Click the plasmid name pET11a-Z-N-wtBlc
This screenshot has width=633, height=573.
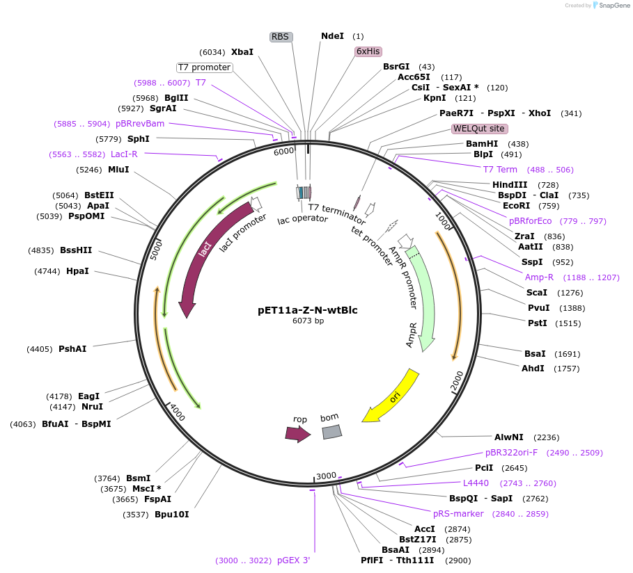308,310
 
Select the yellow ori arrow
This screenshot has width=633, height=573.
391,397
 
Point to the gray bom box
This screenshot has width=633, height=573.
331,431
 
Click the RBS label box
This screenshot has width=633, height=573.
281,37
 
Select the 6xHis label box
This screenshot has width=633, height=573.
368,51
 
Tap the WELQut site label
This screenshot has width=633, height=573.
479,129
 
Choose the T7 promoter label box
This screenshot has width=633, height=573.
204,67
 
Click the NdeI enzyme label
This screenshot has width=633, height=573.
332,36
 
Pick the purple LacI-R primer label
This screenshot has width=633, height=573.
124,154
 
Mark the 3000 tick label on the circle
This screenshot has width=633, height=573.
326,476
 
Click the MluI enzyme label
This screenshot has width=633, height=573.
118,169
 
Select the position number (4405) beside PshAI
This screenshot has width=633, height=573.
40,349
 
